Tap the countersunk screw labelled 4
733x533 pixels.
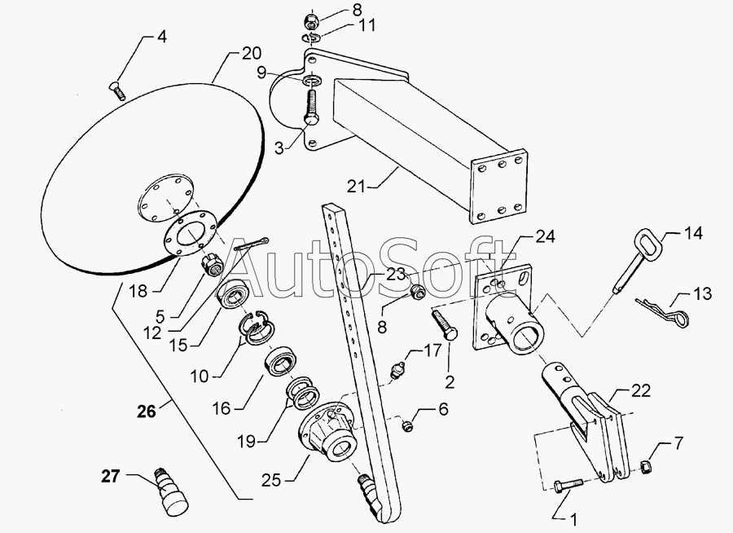point(117,90)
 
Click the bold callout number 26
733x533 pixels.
point(146,412)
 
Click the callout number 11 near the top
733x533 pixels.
point(367,25)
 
